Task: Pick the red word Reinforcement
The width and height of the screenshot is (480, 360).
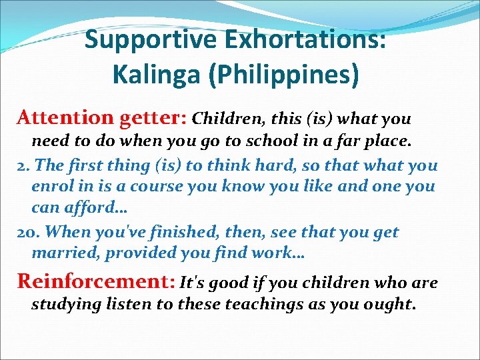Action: click(x=93, y=281)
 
